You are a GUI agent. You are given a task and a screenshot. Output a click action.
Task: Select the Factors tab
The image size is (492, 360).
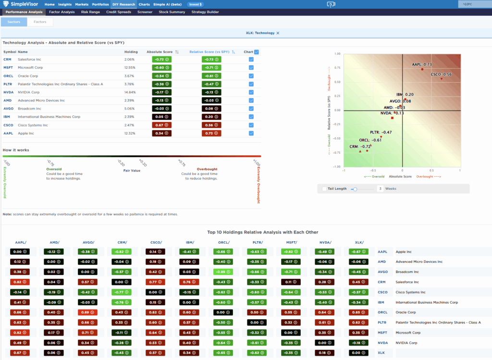tap(40, 22)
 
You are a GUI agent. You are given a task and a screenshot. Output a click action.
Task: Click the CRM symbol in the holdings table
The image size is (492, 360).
tap(7, 59)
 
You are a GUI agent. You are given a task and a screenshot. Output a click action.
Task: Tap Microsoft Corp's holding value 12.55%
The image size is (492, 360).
tap(130, 67)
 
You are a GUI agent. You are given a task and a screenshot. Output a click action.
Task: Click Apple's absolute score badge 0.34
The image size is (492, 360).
tap(162, 133)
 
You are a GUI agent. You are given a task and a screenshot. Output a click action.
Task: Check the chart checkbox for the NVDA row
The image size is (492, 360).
tap(251, 92)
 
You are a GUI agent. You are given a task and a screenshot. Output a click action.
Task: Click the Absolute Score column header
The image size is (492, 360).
tap(160, 52)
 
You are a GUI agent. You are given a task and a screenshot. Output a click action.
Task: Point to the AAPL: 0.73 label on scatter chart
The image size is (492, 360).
tap(422, 64)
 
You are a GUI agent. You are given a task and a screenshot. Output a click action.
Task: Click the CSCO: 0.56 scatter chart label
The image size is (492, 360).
tap(441, 74)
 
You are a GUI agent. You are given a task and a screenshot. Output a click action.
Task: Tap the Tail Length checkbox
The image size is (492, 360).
tap(325, 189)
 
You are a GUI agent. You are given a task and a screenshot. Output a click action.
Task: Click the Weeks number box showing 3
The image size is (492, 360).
tap(380, 189)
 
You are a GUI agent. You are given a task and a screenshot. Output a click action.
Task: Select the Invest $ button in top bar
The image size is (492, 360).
tap(195, 4)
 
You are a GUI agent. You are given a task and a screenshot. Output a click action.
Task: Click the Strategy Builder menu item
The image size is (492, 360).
tap(205, 12)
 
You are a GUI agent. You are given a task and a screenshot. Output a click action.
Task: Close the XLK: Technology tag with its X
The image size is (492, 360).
tap(278, 33)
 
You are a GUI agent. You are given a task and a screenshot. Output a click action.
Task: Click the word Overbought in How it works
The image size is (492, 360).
tap(207, 169)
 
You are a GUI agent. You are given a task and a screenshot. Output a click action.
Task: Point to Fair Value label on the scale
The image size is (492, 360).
tap(132, 171)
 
